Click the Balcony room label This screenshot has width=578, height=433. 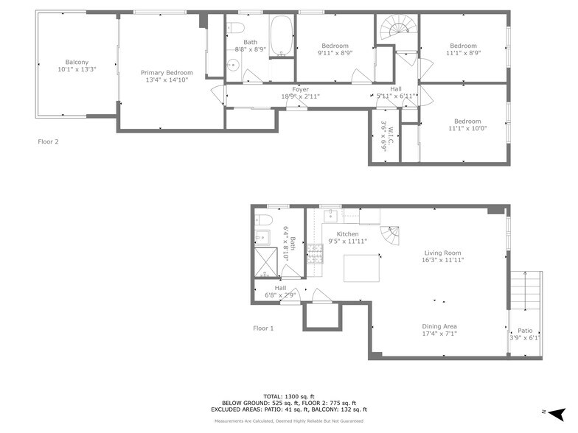77,66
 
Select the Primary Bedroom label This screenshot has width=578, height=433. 167,77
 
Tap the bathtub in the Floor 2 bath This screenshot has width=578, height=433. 281,36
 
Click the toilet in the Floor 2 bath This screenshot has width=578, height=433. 235,29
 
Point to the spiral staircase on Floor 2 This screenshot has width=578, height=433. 396,32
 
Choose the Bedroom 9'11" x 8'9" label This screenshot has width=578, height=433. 335,49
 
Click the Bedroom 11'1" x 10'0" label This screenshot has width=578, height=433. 467,125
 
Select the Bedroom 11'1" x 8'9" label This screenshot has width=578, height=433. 463,49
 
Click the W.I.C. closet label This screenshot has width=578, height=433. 383,137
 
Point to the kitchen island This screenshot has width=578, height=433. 361,268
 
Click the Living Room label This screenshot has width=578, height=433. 443,256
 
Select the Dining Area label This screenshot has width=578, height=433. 439,330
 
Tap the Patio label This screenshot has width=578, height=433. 524,334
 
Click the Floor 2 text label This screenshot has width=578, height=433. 48,141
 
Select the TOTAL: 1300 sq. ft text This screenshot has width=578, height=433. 289,396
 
